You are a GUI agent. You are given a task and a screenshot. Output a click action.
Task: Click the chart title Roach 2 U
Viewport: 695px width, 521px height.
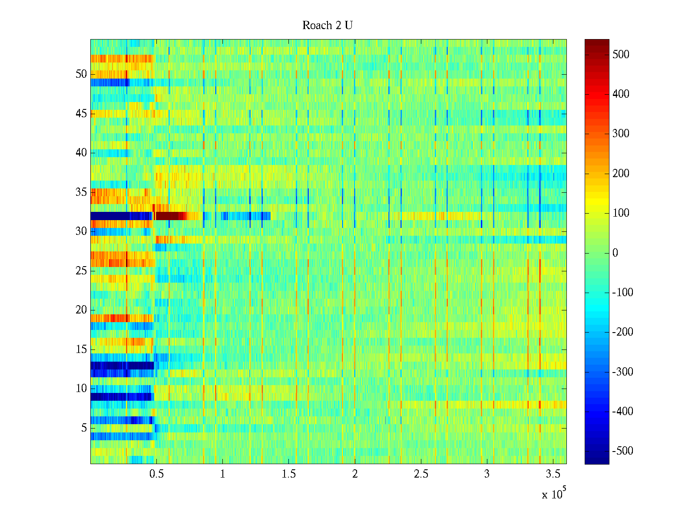[x=327, y=26]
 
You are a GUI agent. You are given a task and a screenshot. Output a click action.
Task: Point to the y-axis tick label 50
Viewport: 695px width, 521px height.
[x=81, y=74]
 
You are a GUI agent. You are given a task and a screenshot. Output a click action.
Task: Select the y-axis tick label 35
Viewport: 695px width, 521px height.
[x=81, y=192]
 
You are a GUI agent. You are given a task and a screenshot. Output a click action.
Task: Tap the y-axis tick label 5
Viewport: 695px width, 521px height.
[x=84, y=428]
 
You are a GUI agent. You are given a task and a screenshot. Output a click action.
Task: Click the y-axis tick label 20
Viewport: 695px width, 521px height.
[x=81, y=310]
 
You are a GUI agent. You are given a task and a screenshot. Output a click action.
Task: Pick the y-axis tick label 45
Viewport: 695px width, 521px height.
[x=81, y=114]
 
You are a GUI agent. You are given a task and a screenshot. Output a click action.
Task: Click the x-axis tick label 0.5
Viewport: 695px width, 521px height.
[x=156, y=474]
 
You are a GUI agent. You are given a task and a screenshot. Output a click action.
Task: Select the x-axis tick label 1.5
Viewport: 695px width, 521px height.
[x=289, y=474]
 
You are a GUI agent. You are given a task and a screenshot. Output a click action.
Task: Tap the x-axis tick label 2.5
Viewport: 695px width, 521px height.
[x=421, y=474]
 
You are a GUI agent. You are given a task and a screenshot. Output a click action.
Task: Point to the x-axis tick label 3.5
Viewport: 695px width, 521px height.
[x=553, y=474]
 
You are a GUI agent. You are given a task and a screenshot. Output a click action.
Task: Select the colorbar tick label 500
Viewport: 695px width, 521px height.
[x=621, y=55]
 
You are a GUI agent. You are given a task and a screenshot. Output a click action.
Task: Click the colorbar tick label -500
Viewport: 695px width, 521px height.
[x=622, y=451]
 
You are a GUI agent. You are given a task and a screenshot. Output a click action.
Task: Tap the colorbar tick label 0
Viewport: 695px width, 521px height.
[x=615, y=253]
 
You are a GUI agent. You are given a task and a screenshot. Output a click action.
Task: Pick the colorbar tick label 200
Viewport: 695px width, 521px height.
[x=621, y=174]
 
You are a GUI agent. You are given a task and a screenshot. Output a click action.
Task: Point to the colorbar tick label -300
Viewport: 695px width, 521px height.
[x=622, y=372]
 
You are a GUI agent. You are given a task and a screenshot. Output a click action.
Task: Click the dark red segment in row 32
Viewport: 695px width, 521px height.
[x=171, y=216]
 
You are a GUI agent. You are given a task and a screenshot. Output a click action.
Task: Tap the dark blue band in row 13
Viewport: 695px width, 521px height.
[x=122, y=366]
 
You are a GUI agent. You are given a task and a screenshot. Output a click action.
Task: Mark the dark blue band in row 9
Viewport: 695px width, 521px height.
[x=122, y=397]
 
